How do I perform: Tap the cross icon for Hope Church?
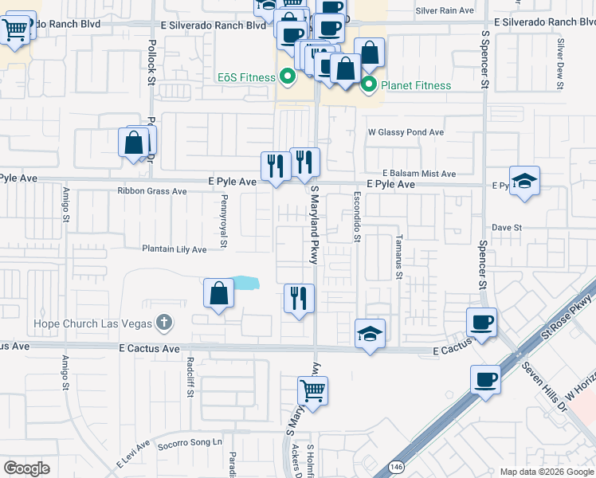pos(164,323)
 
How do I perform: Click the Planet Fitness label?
pos(415,85)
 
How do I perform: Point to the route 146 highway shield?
pos(395,466)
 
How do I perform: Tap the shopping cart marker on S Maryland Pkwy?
pos(312,391)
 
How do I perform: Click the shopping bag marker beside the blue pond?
pos(218,293)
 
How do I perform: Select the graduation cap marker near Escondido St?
pos(371,333)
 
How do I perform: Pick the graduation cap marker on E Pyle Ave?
pos(524,181)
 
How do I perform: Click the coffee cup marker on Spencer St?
pos(481,322)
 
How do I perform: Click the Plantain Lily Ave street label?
pos(174,249)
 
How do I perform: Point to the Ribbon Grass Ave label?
pos(151,191)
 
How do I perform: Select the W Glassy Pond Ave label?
pos(405,132)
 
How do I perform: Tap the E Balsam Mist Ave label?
pos(418,173)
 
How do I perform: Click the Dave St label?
pos(506,227)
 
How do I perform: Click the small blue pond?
pos(245,282)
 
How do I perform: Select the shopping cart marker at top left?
pos(14,30)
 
